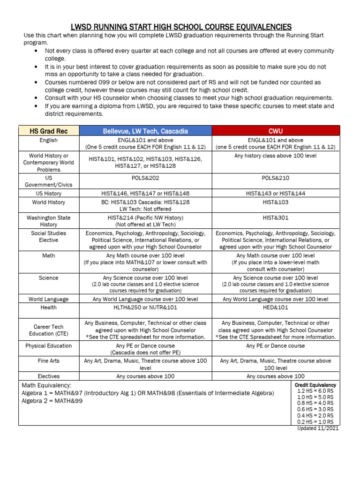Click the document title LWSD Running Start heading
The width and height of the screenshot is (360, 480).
point(181,27)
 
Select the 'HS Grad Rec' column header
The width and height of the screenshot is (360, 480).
point(49,131)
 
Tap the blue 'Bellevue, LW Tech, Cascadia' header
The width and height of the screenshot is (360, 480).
point(145,131)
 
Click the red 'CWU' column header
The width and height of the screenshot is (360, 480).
point(276,131)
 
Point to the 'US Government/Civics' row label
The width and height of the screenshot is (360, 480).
point(49,181)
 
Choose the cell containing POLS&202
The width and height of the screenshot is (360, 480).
point(145,179)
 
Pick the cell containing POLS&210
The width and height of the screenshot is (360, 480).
point(276,179)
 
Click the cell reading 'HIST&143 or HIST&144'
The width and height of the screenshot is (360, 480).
point(276,193)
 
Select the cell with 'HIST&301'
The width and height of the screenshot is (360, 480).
point(276,218)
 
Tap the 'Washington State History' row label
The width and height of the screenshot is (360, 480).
point(49,221)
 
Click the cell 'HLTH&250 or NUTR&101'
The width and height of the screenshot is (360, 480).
point(145,307)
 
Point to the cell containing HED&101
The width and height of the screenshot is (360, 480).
point(276,307)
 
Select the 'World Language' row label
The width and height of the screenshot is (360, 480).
point(49,299)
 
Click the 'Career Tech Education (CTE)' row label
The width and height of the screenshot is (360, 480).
point(49,330)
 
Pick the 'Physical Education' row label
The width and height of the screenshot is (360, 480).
point(49,346)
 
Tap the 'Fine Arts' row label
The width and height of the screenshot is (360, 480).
point(49,361)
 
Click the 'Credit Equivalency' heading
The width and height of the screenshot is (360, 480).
point(315,385)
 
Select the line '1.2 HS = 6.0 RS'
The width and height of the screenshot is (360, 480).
point(315,391)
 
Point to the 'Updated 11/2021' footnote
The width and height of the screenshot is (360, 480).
point(317,428)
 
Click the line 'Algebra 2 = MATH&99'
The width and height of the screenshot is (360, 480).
point(52,401)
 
